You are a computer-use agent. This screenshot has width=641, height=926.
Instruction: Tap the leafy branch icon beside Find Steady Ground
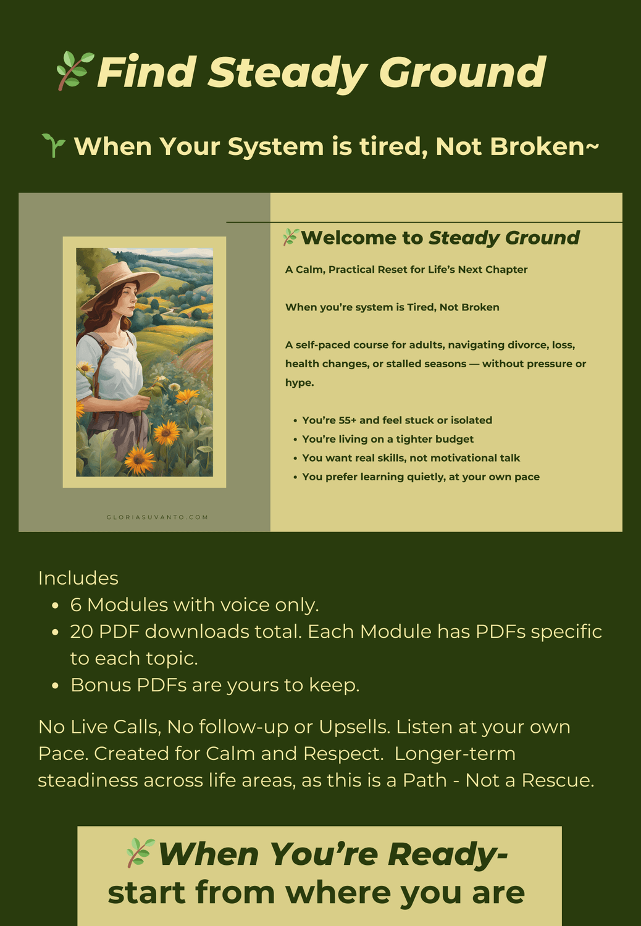(x=75, y=71)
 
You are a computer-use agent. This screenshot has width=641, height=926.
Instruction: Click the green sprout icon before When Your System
(x=54, y=146)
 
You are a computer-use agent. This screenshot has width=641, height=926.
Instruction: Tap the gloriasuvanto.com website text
(x=157, y=517)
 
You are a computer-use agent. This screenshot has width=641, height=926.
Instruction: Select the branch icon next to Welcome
(x=290, y=237)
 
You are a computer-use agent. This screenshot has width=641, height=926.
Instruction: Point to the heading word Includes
(x=78, y=578)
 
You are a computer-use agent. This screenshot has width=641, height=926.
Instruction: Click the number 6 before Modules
(x=76, y=605)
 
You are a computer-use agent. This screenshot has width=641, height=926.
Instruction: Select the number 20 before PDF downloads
(x=82, y=632)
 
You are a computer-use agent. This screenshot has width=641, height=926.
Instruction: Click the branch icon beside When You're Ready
(x=141, y=853)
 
